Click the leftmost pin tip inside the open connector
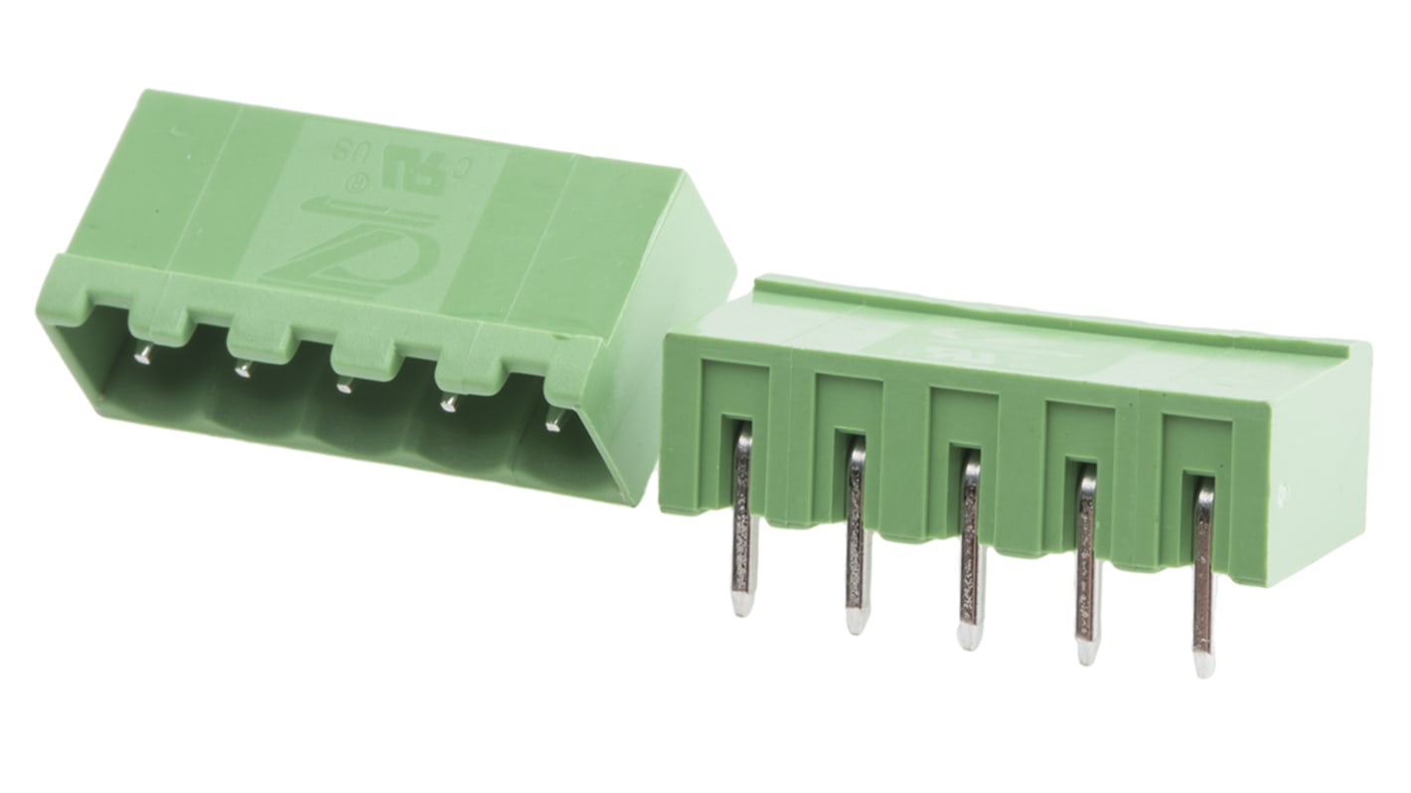[x=144, y=354]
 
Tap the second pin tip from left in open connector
[x=241, y=370]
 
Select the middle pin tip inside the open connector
[x=344, y=386]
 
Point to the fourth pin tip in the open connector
[x=450, y=403]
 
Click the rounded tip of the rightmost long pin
[x=1204, y=664]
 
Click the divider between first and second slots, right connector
[x=791, y=437]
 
